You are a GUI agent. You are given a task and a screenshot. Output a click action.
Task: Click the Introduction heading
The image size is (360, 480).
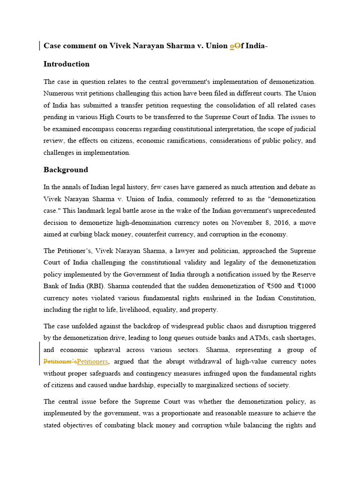tap(66, 64)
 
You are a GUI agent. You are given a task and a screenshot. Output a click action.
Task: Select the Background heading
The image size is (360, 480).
tap(66, 170)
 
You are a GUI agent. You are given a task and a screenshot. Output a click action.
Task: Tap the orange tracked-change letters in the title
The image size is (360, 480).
tap(235, 46)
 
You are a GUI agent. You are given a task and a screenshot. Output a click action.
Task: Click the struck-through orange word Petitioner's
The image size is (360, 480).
tap(60, 361)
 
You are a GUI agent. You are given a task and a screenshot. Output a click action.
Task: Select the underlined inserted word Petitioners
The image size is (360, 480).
tap(92, 361)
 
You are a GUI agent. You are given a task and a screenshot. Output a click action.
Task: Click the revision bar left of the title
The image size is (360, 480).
tap(39, 46)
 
